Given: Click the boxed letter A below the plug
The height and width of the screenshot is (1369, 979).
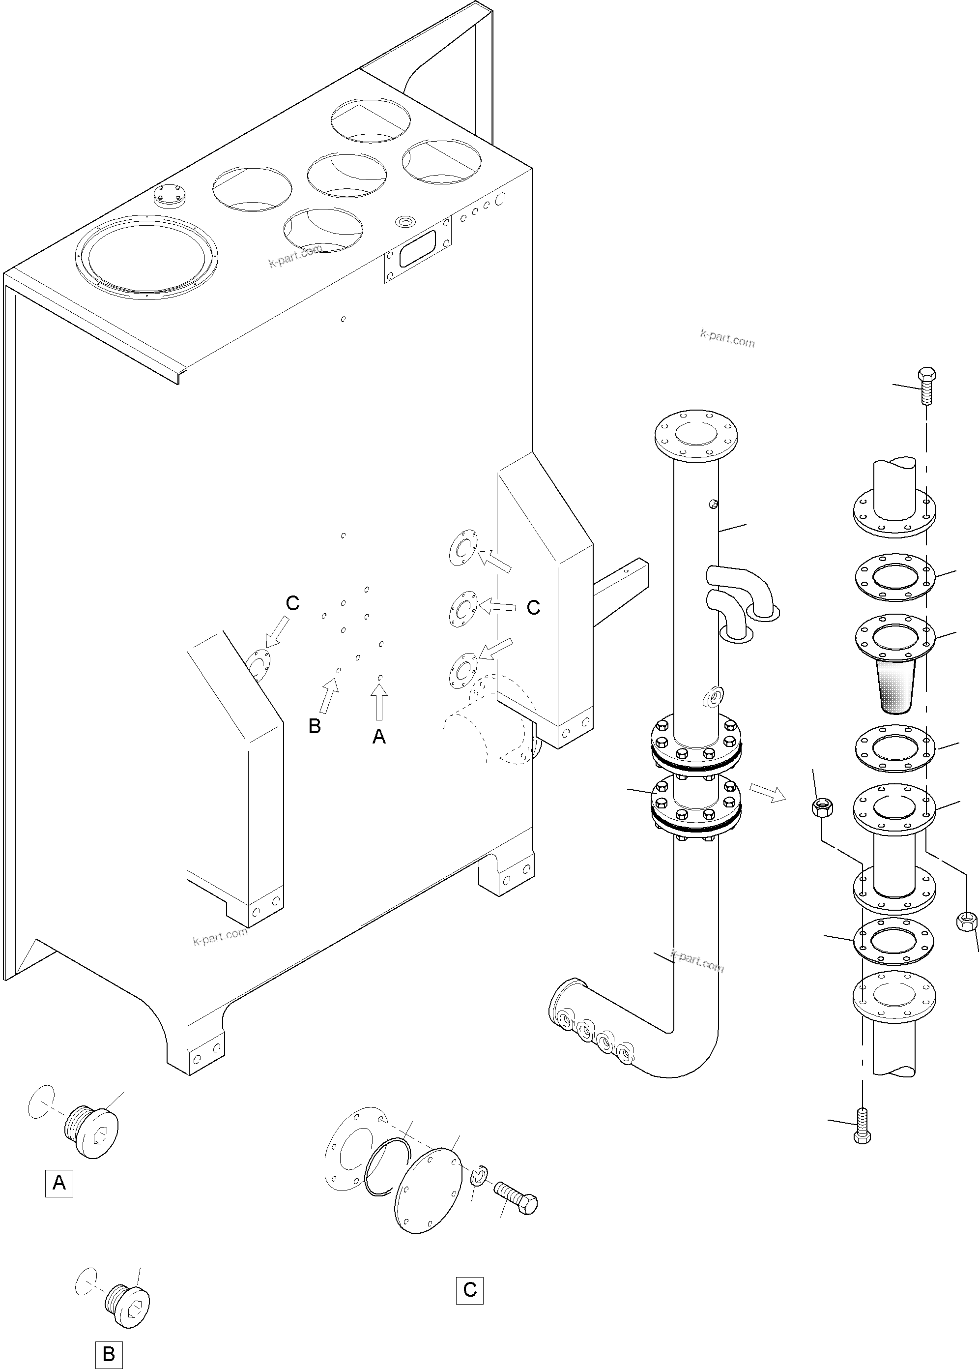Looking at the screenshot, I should pyautogui.click(x=59, y=1183).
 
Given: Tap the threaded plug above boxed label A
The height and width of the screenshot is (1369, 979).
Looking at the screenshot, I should pyautogui.click(x=91, y=1131).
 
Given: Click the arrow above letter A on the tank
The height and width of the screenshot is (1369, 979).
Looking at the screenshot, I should pyautogui.click(x=379, y=703).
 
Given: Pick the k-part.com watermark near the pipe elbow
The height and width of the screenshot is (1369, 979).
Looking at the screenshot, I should pyautogui.click(x=697, y=961).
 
